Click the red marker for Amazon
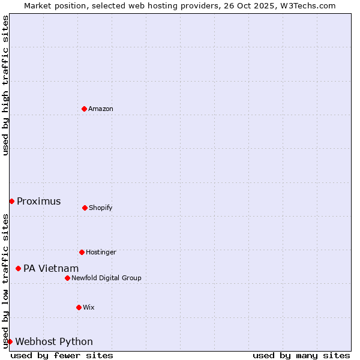pos(85,109)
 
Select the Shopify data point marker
pos(85,208)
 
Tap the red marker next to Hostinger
pos(82,252)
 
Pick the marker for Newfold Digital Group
pos(67,278)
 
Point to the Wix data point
pos(79,307)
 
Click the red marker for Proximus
pos(11,201)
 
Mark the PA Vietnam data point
pos(18,268)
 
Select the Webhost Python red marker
pos(10,341)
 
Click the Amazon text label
pos(101,109)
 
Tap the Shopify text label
pos(101,208)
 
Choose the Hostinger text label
pos(101,252)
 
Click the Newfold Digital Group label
pos(106,278)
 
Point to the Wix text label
pos(89,307)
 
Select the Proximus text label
pos(38,201)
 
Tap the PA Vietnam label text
pos(51,268)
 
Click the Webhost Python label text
pos(54,341)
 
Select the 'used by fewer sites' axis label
pos(62,355)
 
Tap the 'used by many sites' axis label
pos(301,355)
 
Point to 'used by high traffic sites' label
pos(5,85)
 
